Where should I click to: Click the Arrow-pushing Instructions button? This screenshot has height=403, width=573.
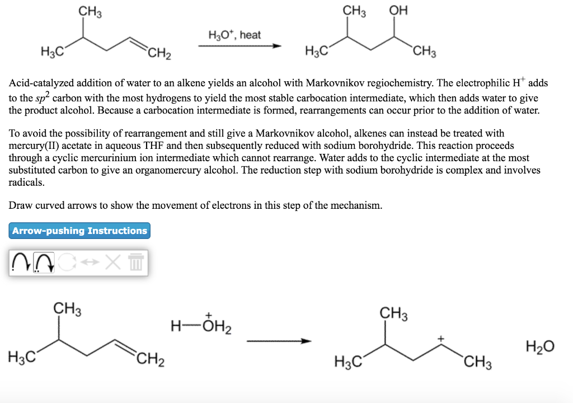[79, 231]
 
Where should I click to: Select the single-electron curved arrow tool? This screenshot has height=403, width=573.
[21, 263]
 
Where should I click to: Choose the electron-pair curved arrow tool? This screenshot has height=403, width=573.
[44, 263]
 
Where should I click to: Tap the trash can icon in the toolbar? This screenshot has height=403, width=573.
[137, 263]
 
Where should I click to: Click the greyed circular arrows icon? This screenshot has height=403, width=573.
[67, 263]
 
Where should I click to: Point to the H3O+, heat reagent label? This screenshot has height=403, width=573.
[234, 35]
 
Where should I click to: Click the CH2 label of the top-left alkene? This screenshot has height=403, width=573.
[159, 54]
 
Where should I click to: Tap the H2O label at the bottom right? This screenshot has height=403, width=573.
[539, 347]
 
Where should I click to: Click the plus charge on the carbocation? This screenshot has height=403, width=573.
[441, 339]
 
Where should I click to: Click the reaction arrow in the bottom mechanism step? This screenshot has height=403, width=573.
[279, 341]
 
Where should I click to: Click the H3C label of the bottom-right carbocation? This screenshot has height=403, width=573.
[349, 362]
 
